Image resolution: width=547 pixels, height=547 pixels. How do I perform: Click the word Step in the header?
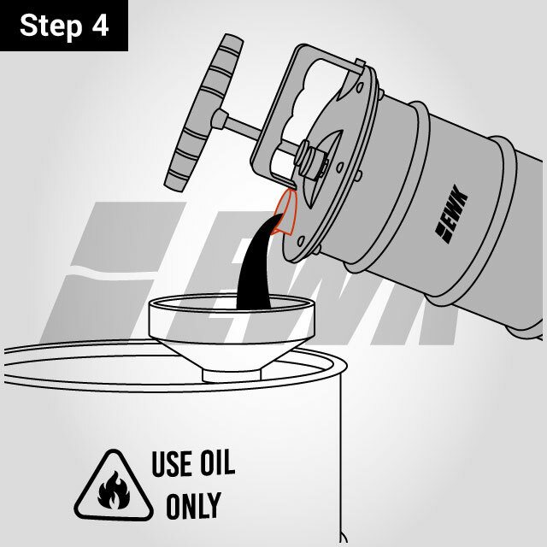pos(51,26)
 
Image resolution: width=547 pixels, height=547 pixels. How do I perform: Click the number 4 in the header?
pos(101,25)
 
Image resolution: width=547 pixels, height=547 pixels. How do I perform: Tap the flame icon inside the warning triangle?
pos(114,490)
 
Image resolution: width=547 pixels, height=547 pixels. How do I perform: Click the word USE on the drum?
pos(172,463)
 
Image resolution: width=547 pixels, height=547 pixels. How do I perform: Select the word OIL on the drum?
pos(216,462)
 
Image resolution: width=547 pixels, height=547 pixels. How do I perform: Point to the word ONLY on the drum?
pos(193,505)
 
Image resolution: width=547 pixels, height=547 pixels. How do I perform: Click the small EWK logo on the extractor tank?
pos(451,214)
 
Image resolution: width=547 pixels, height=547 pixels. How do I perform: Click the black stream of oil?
pos(256,265)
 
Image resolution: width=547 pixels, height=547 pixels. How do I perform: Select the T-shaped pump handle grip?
pos(204,112)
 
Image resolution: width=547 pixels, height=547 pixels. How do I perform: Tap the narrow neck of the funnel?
pos(232,375)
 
